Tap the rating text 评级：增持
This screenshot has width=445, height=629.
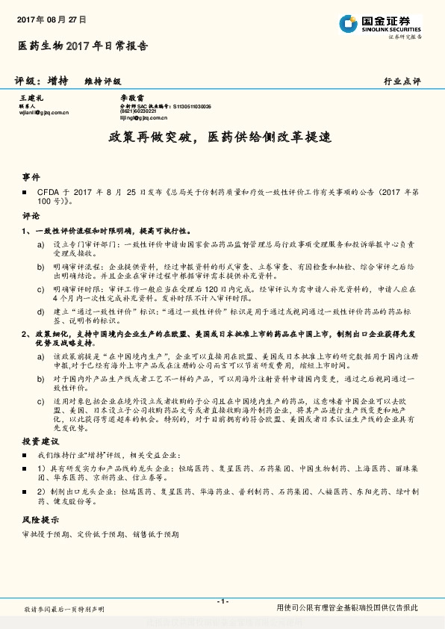pyautogui.click(x=42, y=80)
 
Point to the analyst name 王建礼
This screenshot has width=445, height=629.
pyautogui.click(x=32, y=98)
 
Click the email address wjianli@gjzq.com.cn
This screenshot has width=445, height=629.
pyautogui.click(x=43, y=112)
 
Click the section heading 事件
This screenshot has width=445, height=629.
pyautogui.click(x=31, y=177)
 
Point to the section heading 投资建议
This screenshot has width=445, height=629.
pyautogui.click(x=40, y=441)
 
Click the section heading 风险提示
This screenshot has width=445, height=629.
pyautogui.click(x=40, y=518)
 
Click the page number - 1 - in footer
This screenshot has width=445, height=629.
pyautogui.click(x=222, y=601)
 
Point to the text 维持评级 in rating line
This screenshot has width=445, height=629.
pyautogui.click(x=103, y=81)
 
